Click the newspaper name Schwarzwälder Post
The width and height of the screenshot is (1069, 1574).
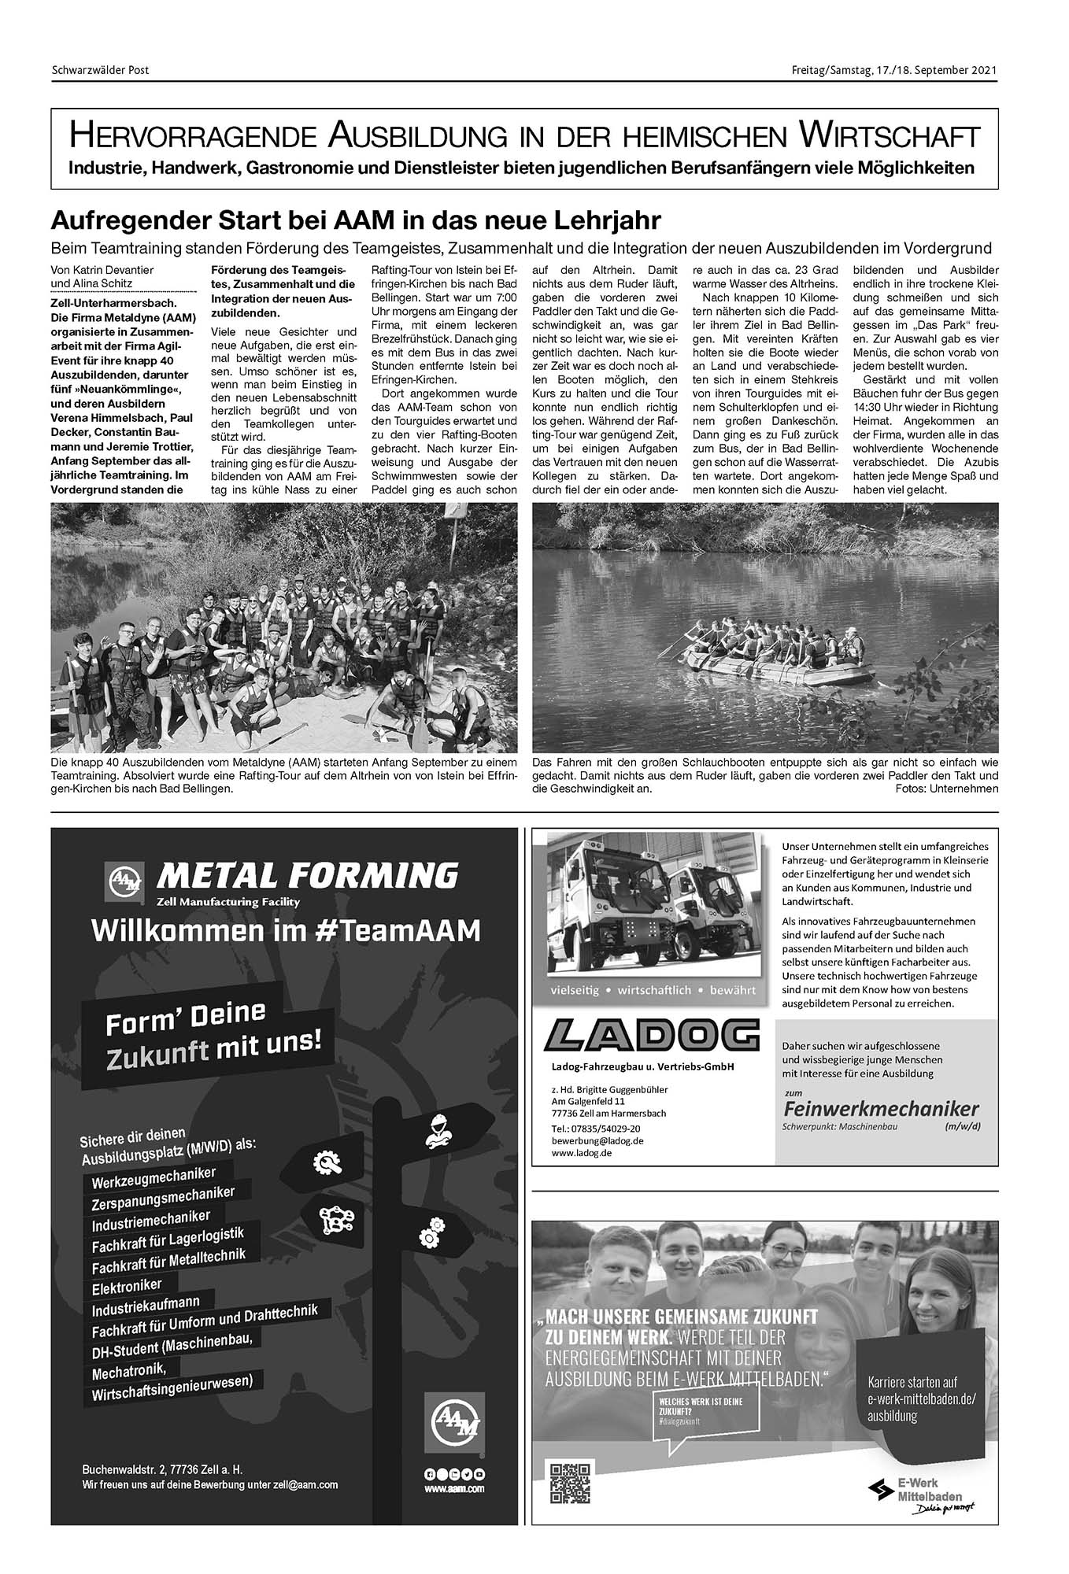(100, 70)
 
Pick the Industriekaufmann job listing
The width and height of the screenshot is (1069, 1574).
(146, 1307)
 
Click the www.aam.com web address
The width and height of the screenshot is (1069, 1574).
(455, 1489)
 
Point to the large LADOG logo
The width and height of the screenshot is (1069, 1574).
(651, 1035)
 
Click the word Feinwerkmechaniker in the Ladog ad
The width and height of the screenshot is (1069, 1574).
(881, 1109)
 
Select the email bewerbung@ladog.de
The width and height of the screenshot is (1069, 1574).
(598, 1140)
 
